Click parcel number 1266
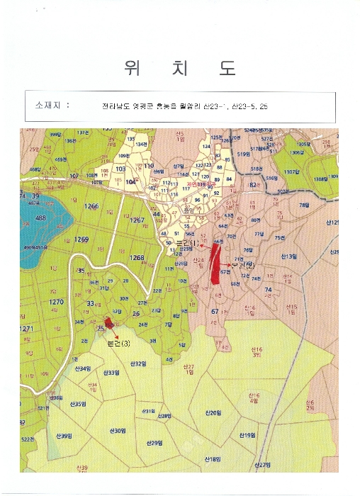click(91, 206)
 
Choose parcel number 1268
click(137, 257)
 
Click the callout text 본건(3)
click(118, 344)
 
